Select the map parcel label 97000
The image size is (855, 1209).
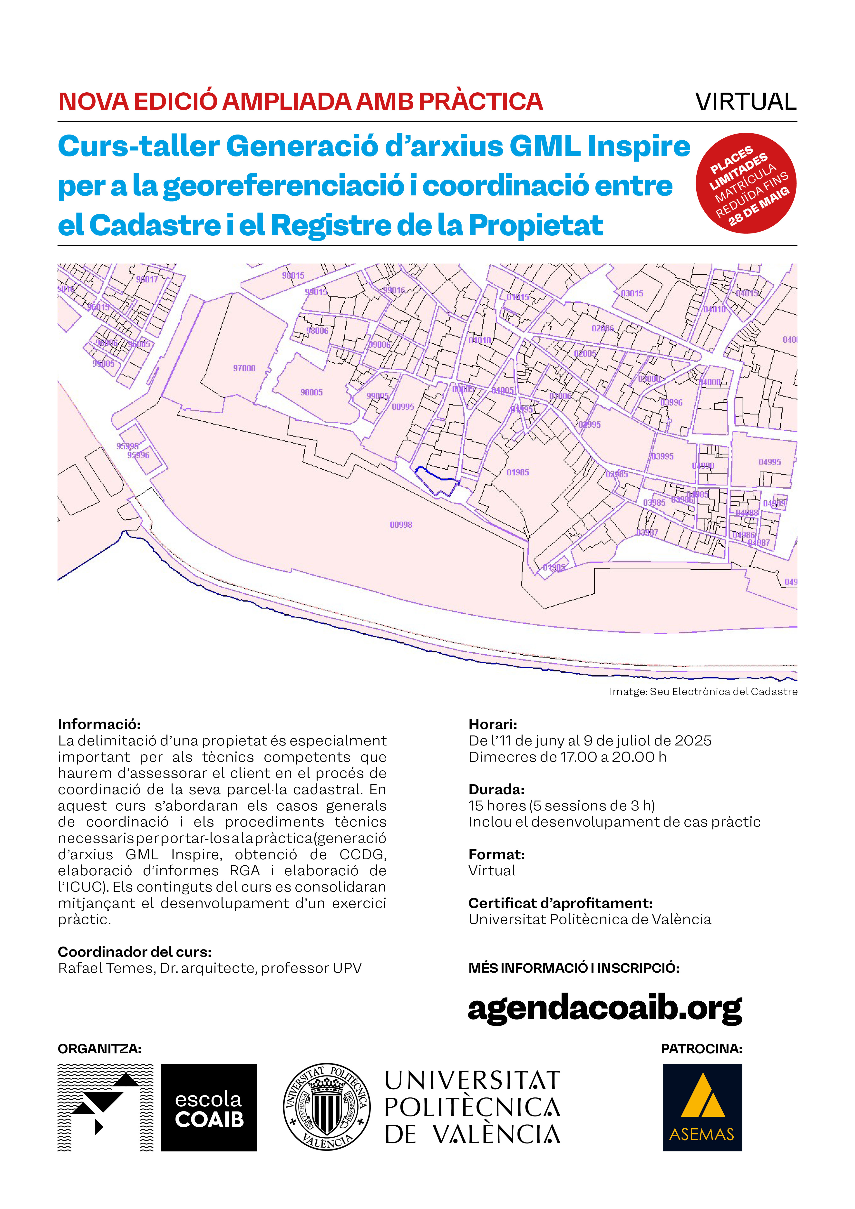(x=244, y=368)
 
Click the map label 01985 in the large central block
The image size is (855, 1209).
(x=517, y=472)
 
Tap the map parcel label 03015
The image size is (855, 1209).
(x=632, y=293)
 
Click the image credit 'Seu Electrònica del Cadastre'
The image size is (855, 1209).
(x=723, y=691)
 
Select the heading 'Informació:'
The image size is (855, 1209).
(x=99, y=724)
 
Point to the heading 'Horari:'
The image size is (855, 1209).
(x=493, y=724)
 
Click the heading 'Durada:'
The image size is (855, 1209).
(x=496, y=789)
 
